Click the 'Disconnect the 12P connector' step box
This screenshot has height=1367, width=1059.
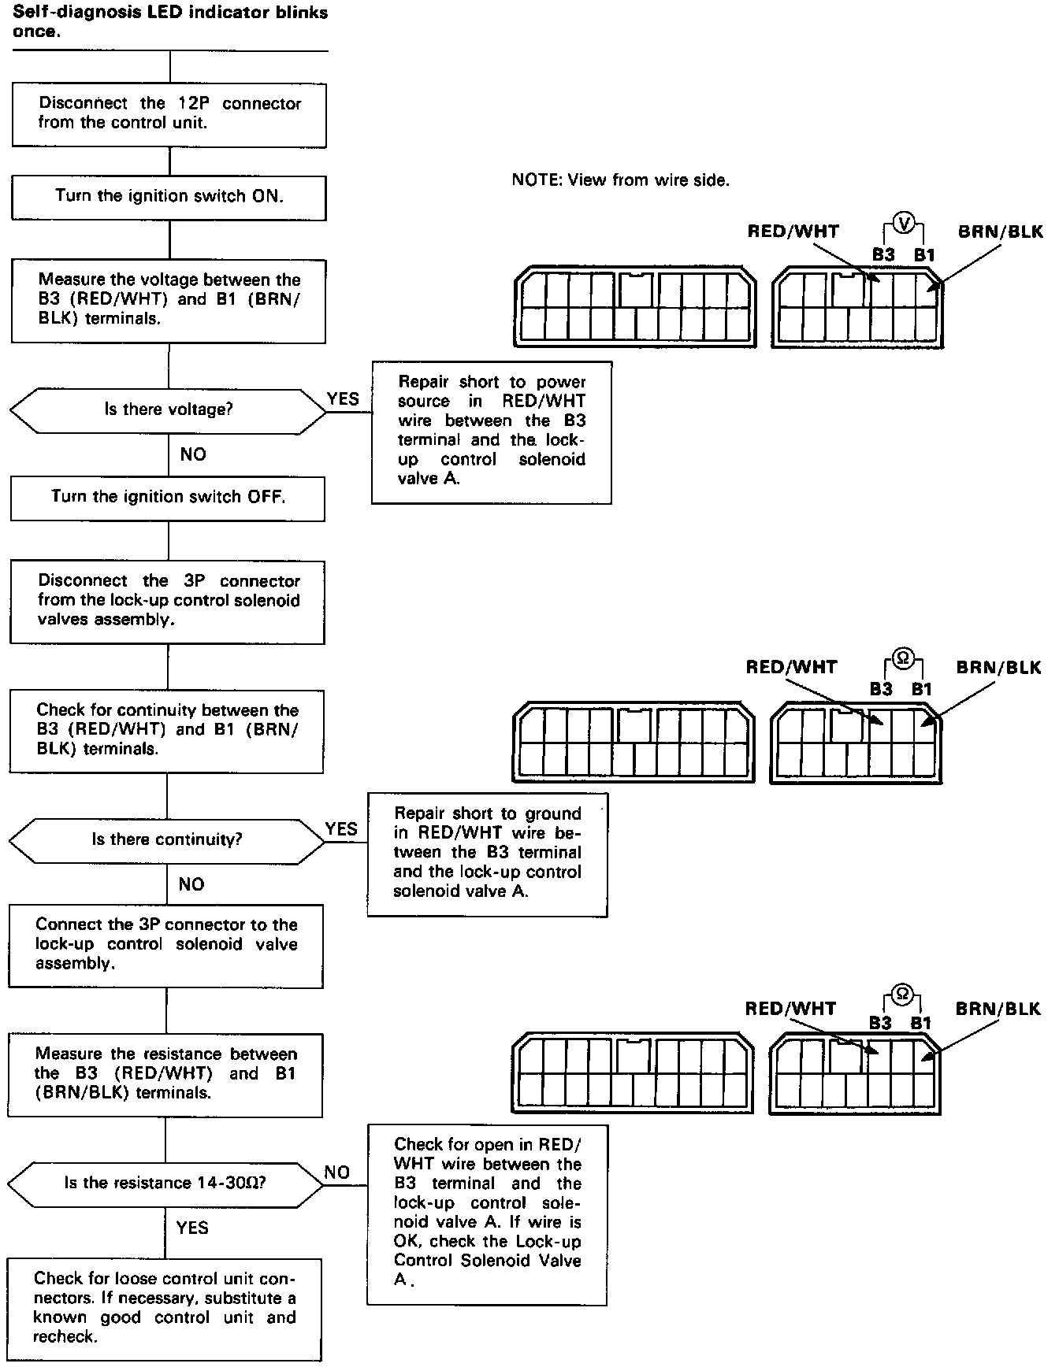[169, 113]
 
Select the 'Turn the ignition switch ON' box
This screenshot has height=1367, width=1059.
[169, 197]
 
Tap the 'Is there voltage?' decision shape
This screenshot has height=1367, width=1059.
[168, 410]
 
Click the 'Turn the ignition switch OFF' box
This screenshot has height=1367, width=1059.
[168, 498]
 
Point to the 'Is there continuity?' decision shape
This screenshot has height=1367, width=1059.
[166, 840]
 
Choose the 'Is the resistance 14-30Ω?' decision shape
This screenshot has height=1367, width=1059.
[165, 1184]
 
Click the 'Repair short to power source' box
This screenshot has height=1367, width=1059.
[492, 431]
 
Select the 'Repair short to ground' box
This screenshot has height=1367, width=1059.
[488, 853]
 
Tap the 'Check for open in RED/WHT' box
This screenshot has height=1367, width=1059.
[487, 1213]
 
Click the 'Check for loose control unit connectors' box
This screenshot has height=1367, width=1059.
[165, 1308]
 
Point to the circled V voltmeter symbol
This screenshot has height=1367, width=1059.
[905, 224]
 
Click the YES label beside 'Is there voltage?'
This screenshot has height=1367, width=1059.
[343, 399]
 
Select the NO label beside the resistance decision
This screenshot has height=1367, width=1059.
[337, 1173]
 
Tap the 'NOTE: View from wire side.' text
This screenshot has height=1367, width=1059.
[620, 180]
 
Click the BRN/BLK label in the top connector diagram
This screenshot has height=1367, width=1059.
[1000, 232]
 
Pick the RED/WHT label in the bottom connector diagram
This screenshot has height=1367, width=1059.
[790, 1009]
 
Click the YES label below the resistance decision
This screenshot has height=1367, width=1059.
[192, 1228]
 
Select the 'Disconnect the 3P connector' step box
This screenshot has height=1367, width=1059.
[168, 602]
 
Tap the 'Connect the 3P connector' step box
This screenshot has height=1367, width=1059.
[166, 944]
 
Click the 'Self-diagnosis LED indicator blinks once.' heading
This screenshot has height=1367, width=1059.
[170, 23]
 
